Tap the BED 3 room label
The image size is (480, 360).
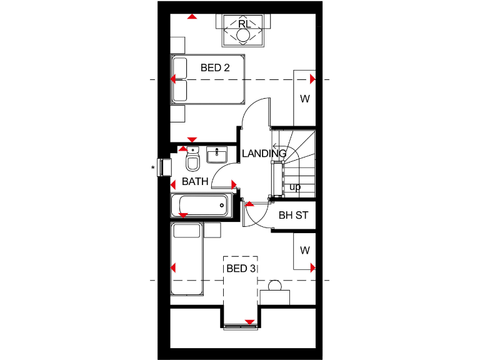point(241,269)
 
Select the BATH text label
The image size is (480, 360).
point(194,182)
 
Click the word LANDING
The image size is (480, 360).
point(264,153)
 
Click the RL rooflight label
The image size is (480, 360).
point(244,24)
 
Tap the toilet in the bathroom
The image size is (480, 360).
point(192,162)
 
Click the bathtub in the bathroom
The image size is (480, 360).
point(201,204)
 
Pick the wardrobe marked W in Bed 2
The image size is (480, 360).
point(304,98)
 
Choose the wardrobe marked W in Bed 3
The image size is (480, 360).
point(304,251)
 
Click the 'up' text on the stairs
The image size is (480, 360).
point(295,187)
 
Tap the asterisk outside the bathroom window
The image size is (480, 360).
point(152,167)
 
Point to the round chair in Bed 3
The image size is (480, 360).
point(274,286)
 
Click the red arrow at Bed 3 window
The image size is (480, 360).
point(249,322)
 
